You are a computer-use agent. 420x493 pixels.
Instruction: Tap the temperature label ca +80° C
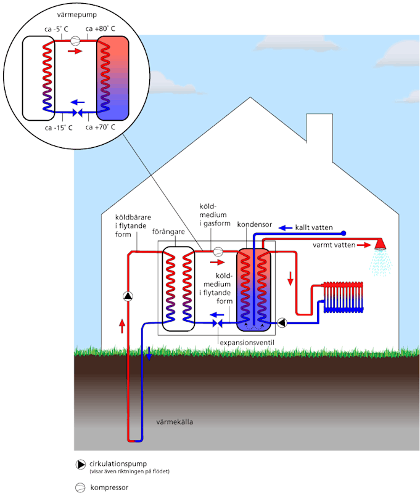coord(101,28)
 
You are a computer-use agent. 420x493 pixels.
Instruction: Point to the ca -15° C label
coord(59,128)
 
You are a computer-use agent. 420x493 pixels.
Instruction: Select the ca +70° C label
coord(101,128)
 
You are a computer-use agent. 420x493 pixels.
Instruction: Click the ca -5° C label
coord(59,28)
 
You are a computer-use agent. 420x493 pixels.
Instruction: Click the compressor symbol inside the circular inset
coord(75,41)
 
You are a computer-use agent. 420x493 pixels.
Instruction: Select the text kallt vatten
coord(313,228)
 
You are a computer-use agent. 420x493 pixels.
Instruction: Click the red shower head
coord(382,245)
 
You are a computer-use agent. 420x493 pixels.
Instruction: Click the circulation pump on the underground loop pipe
coord(128,296)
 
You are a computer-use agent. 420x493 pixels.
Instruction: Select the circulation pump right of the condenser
coord(282,322)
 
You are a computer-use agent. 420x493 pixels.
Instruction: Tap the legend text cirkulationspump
coord(119,463)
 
